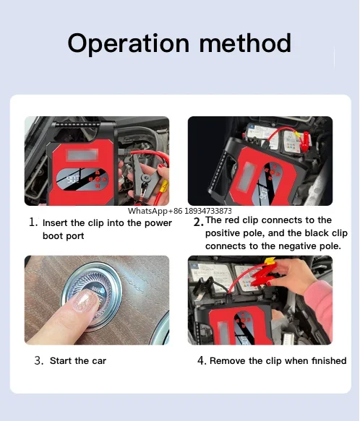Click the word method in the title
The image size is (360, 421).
(x=245, y=43)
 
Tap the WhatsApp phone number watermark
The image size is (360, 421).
(x=179, y=212)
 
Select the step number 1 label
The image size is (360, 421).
(x=33, y=222)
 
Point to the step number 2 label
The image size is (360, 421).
(x=198, y=222)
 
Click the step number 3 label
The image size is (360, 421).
(x=39, y=360)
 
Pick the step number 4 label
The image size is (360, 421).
(x=202, y=360)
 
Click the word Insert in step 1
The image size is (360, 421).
(x=55, y=223)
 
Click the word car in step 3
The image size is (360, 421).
(x=99, y=361)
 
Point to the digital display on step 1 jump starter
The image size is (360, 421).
(x=72, y=179)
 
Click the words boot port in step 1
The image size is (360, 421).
(x=63, y=236)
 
